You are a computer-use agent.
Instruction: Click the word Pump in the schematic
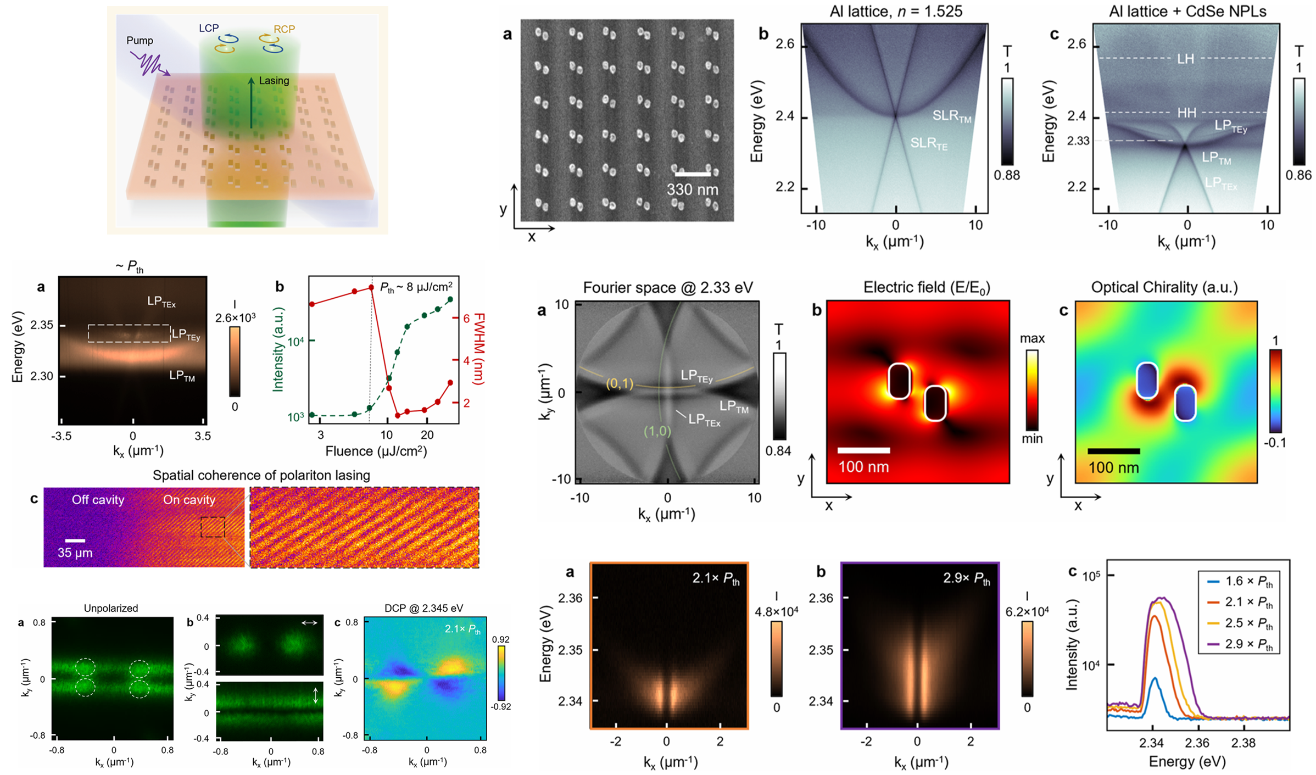(140, 41)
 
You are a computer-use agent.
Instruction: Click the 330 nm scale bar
(693, 174)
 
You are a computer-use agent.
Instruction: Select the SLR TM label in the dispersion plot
(952, 116)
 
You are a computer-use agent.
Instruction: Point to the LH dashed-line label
(1185, 59)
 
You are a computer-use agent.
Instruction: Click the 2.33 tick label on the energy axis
(1078, 141)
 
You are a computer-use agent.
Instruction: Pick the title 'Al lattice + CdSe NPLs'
(1187, 12)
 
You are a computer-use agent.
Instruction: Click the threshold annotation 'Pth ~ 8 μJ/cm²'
(416, 287)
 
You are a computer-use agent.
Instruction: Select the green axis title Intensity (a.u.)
(278, 349)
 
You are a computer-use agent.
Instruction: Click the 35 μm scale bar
(75, 540)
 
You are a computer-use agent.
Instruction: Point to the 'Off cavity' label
(98, 500)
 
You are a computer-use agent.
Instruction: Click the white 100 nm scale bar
(863, 450)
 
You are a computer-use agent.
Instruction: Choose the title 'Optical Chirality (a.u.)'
(1164, 287)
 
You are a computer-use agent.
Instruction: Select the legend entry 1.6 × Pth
(1248, 581)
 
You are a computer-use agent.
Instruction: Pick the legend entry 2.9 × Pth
(1248, 644)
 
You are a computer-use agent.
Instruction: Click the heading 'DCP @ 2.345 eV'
(423, 608)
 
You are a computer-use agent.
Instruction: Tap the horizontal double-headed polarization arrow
(309, 622)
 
